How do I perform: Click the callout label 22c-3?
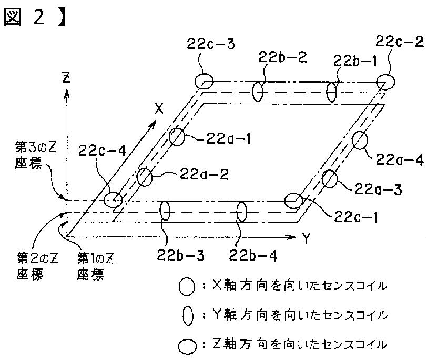(x=210, y=44)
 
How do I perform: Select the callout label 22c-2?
(x=400, y=42)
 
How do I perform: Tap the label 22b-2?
(x=283, y=57)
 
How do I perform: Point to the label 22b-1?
(x=355, y=61)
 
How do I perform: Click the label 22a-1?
(x=228, y=138)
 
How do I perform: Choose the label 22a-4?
(x=400, y=159)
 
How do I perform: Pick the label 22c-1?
(x=355, y=217)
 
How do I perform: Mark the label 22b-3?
(x=180, y=255)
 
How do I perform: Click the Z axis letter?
(x=66, y=77)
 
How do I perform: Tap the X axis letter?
(x=159, y=108)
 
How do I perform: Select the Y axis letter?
(x=307, y=238)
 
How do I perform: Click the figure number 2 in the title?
(x=38, y=17)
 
